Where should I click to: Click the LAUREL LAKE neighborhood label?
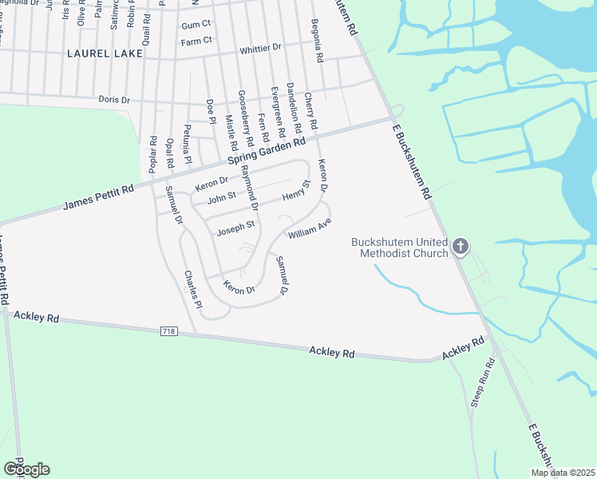point(105,53)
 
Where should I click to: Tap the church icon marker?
point(461,247)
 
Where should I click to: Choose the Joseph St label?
point(236,226)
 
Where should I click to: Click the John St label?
point(221,196)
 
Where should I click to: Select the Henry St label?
point(295,191)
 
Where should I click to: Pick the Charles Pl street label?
point(194,287)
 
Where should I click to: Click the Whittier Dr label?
point(261,48)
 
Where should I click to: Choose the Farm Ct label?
point(196,41)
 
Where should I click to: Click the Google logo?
point(26,469)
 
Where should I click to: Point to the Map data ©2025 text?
point(562,473)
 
